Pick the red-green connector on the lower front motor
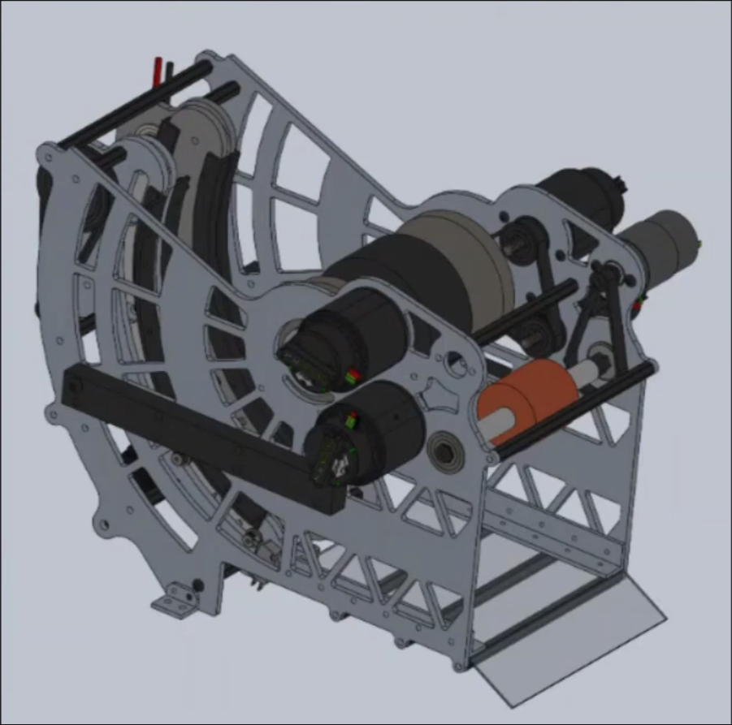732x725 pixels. (x=351, y=421)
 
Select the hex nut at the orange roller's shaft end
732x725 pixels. (x=606, y=356)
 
